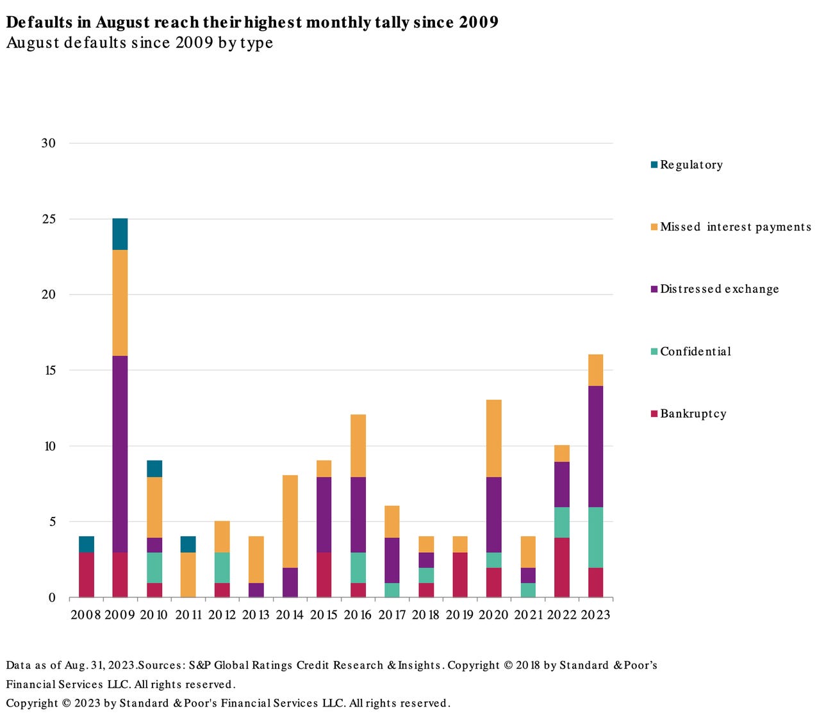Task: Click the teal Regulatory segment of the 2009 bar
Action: pos(120,234)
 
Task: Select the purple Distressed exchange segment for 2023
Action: pos(595,446)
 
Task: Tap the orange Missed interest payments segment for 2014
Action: pos(290,521)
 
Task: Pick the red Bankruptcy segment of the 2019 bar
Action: pos(459,575)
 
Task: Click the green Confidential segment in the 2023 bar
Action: pos(595,537)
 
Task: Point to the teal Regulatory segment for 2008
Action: pos(87,544)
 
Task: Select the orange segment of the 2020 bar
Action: pos(493,438)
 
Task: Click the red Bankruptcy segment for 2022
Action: pos(561,568)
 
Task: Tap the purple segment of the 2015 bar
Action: pos(324,514)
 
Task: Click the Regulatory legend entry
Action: pos(691,165)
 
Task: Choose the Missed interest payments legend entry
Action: pos(735,227)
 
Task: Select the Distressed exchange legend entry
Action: pos(719,290)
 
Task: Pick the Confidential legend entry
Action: pos(695,352)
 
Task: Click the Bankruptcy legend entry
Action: pos(693,414)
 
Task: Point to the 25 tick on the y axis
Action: pos(49,219)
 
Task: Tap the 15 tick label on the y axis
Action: pos(49,370)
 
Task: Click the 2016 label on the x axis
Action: pos(358,615)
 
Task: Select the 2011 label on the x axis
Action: pos(188,615)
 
